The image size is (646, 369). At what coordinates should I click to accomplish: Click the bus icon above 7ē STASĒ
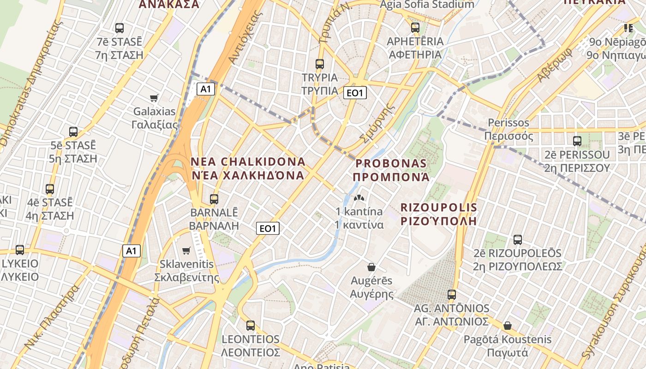[120, 28]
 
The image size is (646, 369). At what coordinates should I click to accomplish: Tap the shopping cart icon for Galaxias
[154, 98]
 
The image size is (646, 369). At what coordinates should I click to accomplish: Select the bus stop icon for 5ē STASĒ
[73, 132]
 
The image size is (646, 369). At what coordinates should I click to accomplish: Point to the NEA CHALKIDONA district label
[248, 168]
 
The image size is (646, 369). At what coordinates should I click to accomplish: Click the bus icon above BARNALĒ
[214, 199]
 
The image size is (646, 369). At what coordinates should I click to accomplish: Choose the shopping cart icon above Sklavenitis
[186, 250]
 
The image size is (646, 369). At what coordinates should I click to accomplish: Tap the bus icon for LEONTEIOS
[251, 326]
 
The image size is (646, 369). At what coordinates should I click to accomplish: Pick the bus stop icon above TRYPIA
[320, 64]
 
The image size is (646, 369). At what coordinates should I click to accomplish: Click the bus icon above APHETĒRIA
[415, 28]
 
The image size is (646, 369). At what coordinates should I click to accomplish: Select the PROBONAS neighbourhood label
[391, 170]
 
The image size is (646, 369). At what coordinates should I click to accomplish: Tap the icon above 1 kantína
[359, 198]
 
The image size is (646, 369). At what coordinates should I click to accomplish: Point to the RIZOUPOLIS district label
[439, 214]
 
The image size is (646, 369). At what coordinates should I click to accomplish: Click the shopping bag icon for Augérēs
[371, 267]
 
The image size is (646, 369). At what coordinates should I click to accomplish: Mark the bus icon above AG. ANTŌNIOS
[452, 295]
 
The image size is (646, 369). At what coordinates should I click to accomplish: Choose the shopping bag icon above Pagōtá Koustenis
[508, 326]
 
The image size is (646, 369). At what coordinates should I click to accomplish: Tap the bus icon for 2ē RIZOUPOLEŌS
[518, 240]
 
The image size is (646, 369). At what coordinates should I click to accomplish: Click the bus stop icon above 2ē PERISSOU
[577, 141]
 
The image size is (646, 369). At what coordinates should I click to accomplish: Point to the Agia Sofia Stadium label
[427, 5]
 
